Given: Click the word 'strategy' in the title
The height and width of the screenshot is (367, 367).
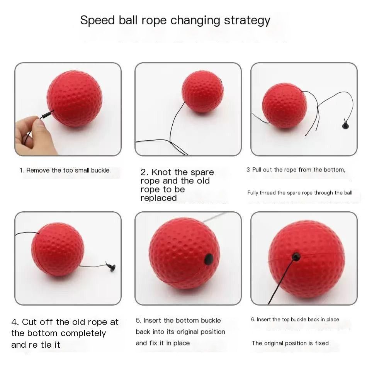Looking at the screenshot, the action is (x=247, y=20).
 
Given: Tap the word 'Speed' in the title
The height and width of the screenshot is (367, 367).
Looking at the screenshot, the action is (x=97, y=20).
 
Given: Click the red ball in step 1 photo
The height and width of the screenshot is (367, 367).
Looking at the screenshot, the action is (x=75, y=99).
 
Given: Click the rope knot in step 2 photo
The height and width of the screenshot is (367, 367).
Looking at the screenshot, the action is (x=170, y=142).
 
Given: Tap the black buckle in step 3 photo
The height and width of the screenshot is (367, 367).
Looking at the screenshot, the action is (x=345, y=125).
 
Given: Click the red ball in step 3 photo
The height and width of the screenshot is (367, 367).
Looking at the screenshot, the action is (x=284, y=106).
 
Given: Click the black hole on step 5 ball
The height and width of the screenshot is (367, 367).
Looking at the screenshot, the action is (x=209, y=259).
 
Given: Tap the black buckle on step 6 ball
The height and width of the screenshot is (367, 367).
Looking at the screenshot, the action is (x=296, y=257).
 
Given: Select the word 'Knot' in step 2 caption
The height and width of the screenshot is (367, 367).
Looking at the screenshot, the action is (x=161, y=172).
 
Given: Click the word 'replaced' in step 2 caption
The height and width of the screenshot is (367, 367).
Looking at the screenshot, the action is (x=158, y=198).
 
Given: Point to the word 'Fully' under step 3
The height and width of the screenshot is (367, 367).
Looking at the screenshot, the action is (x=253, y=193).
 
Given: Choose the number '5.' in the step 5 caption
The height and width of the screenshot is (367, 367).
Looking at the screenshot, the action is (x=139, y=320).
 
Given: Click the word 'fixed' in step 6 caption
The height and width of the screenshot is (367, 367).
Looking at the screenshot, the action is (x=322, y=343).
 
